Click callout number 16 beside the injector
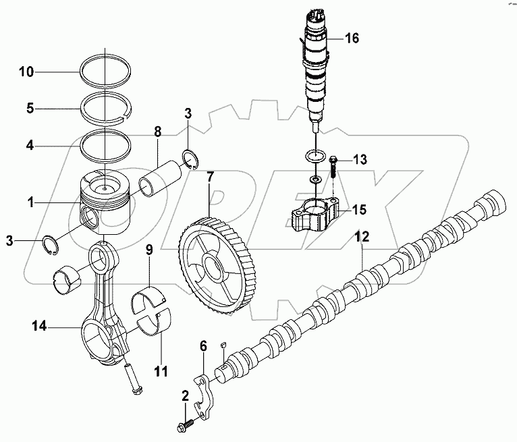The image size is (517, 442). pos(352,38)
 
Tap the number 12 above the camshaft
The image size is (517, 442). pos(363,238)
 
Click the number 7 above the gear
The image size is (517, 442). pos(210,178)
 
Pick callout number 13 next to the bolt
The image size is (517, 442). pos(359,159)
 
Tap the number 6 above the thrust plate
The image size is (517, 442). pos(202,347)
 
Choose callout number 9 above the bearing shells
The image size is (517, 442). pos(149,250)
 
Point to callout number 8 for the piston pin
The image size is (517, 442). pos(157,130)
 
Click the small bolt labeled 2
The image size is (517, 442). pos(184,426)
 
